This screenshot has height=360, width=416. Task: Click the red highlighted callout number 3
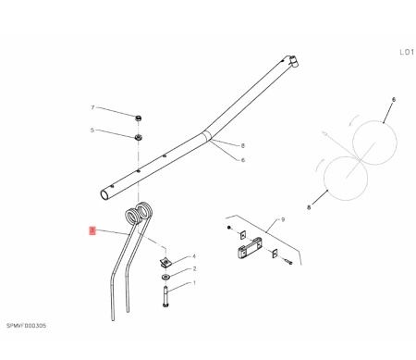coord(92,230)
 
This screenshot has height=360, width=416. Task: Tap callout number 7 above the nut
coord(92,107)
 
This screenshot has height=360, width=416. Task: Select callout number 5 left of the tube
coord(92,130)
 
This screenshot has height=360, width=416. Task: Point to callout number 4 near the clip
coord(194,256)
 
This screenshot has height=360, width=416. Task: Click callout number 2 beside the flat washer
coord(194,269)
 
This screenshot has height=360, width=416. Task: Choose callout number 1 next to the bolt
coord(194,283)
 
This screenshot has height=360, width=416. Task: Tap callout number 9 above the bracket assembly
coord(283,219)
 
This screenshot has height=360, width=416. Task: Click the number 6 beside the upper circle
coord(394,100)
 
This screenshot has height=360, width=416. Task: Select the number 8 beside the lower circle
coord(309,207)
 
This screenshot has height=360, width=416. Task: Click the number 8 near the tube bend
coord(243,145)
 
